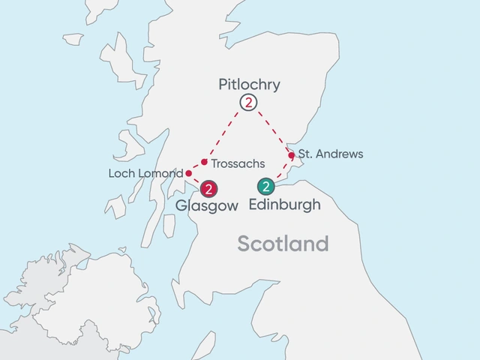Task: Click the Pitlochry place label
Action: pos(249,84)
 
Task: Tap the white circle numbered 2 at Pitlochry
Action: pos(247,103)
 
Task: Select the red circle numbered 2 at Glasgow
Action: pos(209,189)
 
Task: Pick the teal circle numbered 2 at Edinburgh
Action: pos(266,187)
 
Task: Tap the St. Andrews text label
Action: pos(330,154)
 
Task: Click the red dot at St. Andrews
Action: pos(292,156)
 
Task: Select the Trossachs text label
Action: pos(238,163)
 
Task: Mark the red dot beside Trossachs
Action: pos(204,161)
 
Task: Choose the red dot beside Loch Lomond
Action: pos(188,173)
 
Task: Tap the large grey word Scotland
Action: pos(283,244)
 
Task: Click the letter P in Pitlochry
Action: pos(223,84)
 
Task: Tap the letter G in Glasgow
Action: pos(181,205)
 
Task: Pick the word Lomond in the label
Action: pos(166,174)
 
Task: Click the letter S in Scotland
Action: pos(244,244)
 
